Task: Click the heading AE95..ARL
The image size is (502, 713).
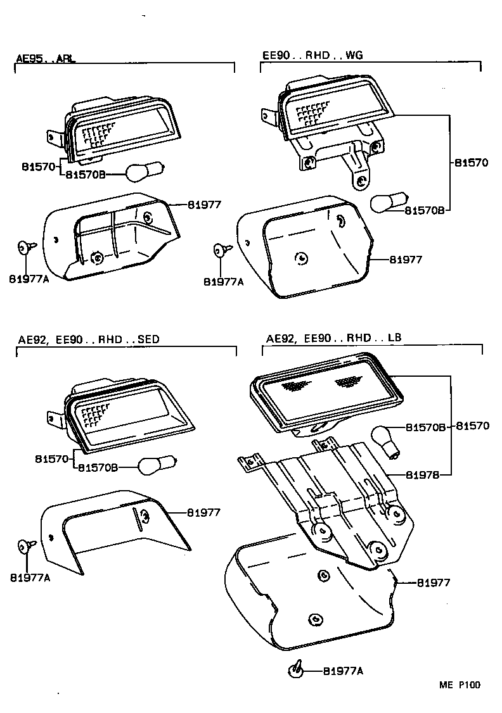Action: pyautogui.click(x=45, y=59)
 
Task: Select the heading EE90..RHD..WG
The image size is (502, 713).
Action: pyautogui.click(x=312, y=56)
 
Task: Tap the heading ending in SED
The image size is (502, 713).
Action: pyautogui.click(x=88, y=339)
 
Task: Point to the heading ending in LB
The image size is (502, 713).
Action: pyautogui.click(x=333, y=339)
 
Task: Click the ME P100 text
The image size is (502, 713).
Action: pyautogui.click(x=460, y=685)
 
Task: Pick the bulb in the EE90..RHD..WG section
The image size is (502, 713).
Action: pyautogui.click(x=386, y=202)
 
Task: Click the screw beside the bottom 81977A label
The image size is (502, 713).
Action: pyautogui.click(x=296, y=669)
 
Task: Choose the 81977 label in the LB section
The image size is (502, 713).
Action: pyautogui.click(x=434, y=583)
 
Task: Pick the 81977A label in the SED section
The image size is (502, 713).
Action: pyautogui.click(x=30, y=577)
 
